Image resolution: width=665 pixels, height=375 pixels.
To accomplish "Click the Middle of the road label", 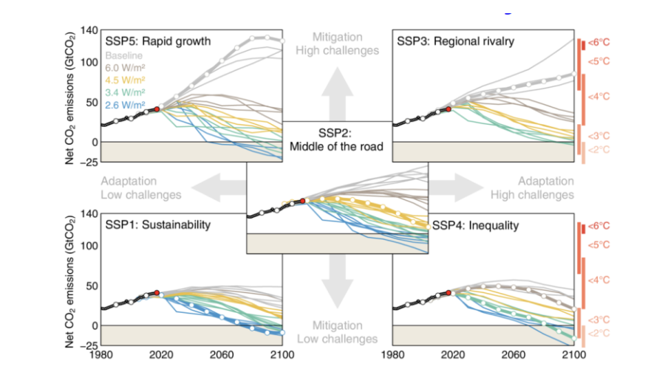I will [x=338, y=146].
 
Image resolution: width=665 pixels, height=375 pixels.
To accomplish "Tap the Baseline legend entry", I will [x=124, y=55].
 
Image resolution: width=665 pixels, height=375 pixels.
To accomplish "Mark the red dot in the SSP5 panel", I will [x=157, y=109].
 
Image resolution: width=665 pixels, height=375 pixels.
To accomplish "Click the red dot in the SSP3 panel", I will [x=449, y=109].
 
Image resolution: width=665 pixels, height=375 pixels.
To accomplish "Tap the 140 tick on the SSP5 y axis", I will [x=88, y=31].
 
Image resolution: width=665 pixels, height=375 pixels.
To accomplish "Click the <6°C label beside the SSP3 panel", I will [x=599, y=42].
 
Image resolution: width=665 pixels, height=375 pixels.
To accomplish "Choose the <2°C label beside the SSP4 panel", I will [x=599, y=334].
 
